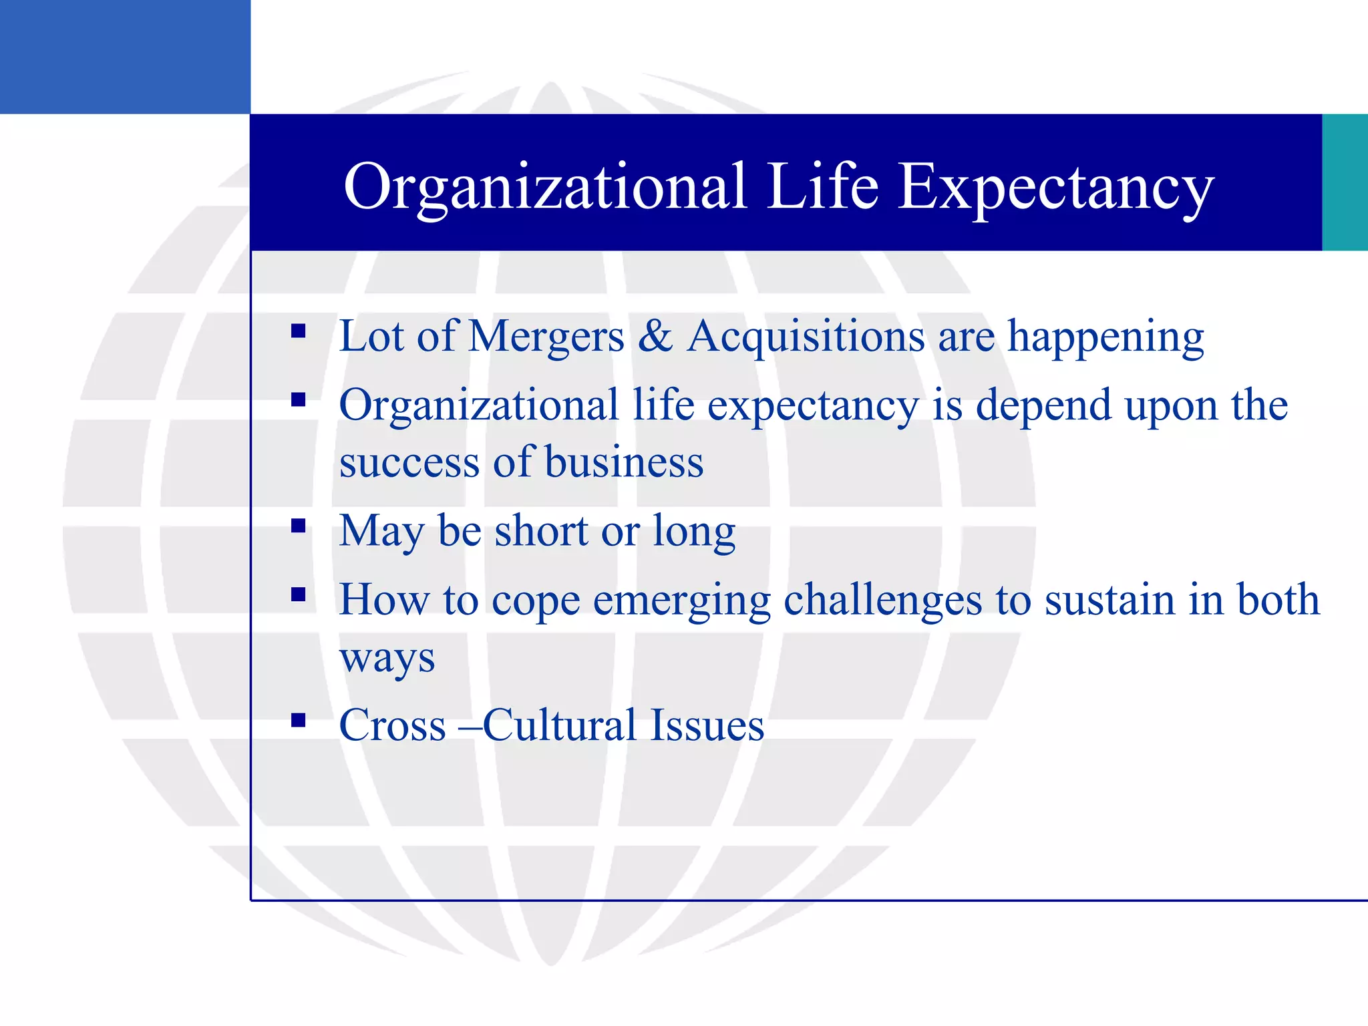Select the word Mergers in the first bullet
click(546, 336)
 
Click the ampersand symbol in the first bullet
click(655, 336)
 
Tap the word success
click(409, 462)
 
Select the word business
click(624, 462)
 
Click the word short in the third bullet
click(541, 531)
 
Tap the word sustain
click(1109, 600)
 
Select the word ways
click(387, 659)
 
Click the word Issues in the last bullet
click(707, 725)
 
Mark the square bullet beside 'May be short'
click(299, 526)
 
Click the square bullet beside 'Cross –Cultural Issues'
click(299, 720)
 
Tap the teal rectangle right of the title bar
click(1345, 182)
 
